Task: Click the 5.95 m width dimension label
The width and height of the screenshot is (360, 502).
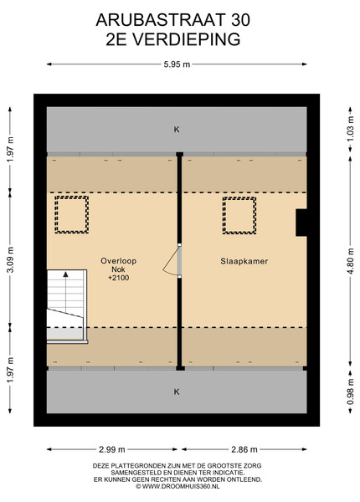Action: click(x=177, y=64)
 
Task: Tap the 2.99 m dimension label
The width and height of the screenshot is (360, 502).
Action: click(x=112, y=449)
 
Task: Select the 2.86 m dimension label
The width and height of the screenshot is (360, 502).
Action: click(x=244, y=449)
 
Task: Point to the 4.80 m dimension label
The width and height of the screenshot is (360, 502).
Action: click(x=351, y=261)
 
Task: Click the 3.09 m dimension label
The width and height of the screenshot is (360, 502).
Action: click(x=10, y=259)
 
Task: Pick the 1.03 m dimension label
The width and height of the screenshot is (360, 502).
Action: click(x=351, y=128)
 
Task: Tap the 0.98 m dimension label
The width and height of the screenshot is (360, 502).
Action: click(x=351, y=392)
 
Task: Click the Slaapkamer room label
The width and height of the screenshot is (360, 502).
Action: click(x=244, y=261)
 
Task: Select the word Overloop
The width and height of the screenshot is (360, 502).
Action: click(x=119, y=261)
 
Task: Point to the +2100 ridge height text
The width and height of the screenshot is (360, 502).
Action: click(x=119, y=278)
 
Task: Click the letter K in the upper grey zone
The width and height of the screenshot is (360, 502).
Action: click(x=177, y=130)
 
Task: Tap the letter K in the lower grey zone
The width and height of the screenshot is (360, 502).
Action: click(x=177, y=392)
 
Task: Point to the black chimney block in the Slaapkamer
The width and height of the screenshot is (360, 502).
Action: click(x=301, y=223)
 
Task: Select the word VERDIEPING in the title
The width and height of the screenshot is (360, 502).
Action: click(x=186, y=39)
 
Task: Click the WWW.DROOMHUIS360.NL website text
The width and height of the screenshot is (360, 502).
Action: click(x=181, y=486)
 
